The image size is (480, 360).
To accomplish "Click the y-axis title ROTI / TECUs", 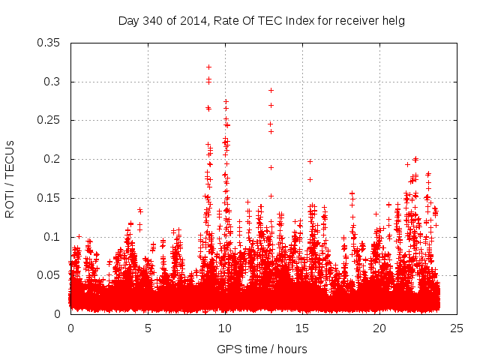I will click(x=10, y=178).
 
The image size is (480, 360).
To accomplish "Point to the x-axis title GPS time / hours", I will click(x=262, y=349).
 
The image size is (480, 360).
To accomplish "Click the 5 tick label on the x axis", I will click(x=148, y=328).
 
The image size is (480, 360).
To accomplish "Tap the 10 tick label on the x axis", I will click(x=225, y=328).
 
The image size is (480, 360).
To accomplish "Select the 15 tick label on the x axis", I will click(x=302, y=328).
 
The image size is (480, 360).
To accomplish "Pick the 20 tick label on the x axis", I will click(x=379, y=328).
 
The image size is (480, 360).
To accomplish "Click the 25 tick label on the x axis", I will click(x=457, y=328).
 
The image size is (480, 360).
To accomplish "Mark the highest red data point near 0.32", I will click(x=208, y=67).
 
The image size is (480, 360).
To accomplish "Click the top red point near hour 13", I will click(x=271, y=90).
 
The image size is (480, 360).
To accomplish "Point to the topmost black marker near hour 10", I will click(x=226, y=101).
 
